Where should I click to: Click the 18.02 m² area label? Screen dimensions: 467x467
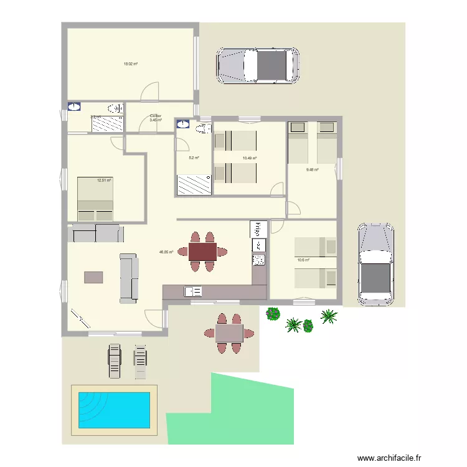click(x=130, y=64)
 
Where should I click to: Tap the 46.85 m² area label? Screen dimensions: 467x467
click(x=166, y=252)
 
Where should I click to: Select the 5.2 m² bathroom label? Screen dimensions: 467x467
click(x=194, y=158)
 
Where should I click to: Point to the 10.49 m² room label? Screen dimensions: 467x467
click(x=250, y=158)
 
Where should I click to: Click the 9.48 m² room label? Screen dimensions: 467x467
click(x=312, y=169)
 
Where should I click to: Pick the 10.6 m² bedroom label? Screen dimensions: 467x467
click(x=303, y=260)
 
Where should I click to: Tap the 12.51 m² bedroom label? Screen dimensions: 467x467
click(x=103, y=181)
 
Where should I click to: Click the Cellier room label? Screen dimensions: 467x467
click(x=156, y=116)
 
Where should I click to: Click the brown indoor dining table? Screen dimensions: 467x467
click(x=203, y=252)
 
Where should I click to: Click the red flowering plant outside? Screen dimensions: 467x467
click(x=272, y=314)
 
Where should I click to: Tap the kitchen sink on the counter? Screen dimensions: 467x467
click(x=192, y=290)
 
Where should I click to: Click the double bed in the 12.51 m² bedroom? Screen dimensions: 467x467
click(x=95, y=198)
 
